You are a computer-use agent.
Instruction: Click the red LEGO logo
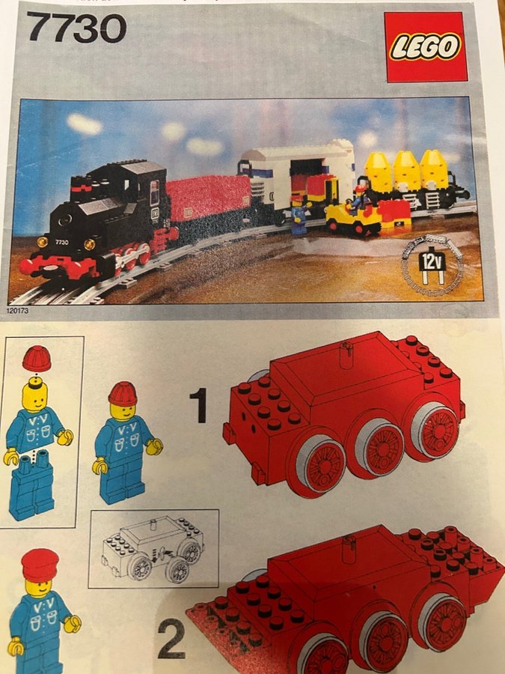(x=425, y=46)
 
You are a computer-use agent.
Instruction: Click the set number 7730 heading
(x=76, y=27)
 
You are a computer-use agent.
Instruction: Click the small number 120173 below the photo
(x=18, y=310)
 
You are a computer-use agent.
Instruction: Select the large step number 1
(x=198, y=405)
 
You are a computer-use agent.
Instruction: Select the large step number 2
(x=172, y=641)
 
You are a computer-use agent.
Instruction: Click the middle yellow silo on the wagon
(x=405, y=170)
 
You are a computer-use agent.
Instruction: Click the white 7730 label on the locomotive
(x=61, y=242)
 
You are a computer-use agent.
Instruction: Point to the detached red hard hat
(x=37, y=359)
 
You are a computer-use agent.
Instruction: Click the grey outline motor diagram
(x=153, y=548)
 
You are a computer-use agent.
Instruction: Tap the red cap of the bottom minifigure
(x=40, y=565)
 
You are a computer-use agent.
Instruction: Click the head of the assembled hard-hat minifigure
(x=123, y=411)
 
